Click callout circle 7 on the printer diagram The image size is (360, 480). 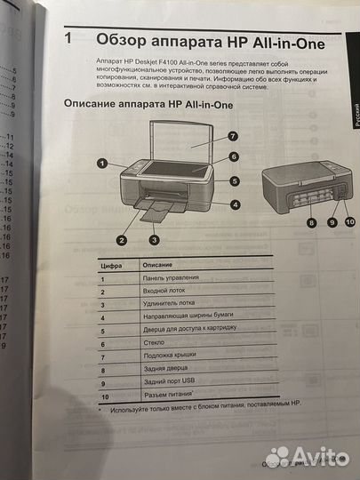(232, 136)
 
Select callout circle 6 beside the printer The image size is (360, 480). (233, 156)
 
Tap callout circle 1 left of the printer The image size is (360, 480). (103, 164)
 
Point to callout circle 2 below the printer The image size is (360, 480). (122, 239)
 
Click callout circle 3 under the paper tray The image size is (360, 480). (154, 239)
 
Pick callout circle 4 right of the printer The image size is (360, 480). (235, 204)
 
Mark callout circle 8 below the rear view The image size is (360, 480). (312, 222)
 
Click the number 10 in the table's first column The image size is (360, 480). (107, 396)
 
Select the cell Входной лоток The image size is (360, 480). (164, 292)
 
